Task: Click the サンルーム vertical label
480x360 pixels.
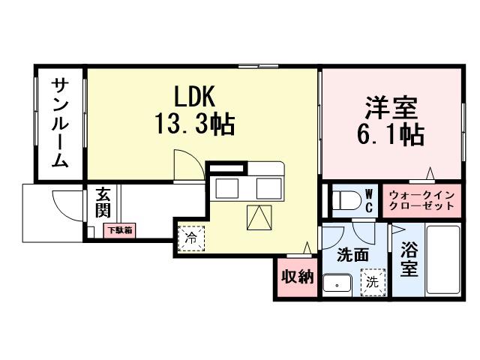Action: pos(61,124)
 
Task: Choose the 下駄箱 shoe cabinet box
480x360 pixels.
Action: pos(118,230)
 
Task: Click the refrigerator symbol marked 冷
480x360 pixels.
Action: pos(190,239)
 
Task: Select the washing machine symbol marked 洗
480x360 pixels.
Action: pos(371,283)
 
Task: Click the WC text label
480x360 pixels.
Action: pos(369,200)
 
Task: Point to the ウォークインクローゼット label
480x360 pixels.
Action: pos(421,200)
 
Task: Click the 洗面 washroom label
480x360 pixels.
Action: pos(352,255)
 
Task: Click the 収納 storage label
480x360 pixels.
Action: pos(296,277)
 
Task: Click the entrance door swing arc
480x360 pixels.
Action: pos(63,203)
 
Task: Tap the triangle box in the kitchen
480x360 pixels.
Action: pos(259,218)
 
